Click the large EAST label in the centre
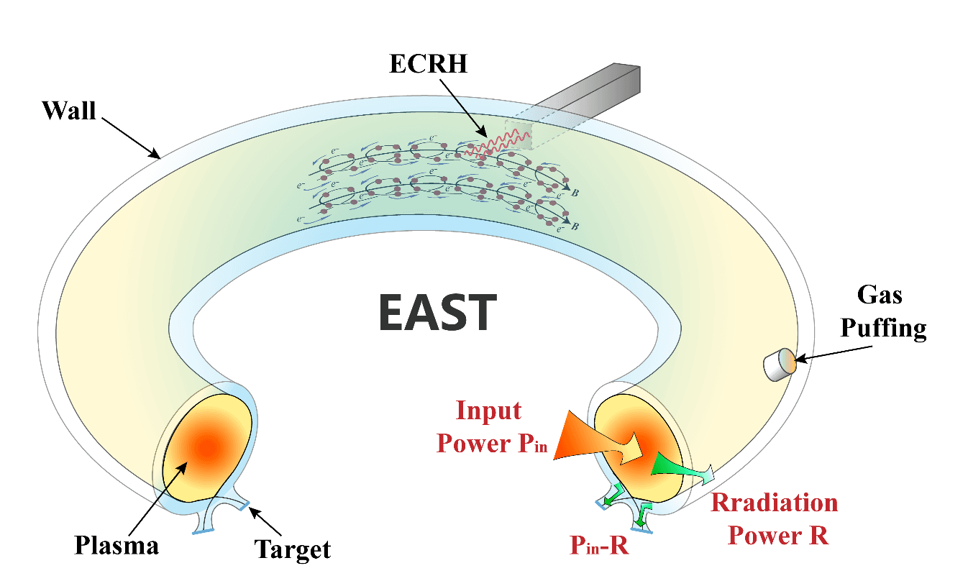click(437, 312)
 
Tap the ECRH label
click(428, 63)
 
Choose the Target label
click(293, 549)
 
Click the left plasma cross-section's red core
click(206, 447)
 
